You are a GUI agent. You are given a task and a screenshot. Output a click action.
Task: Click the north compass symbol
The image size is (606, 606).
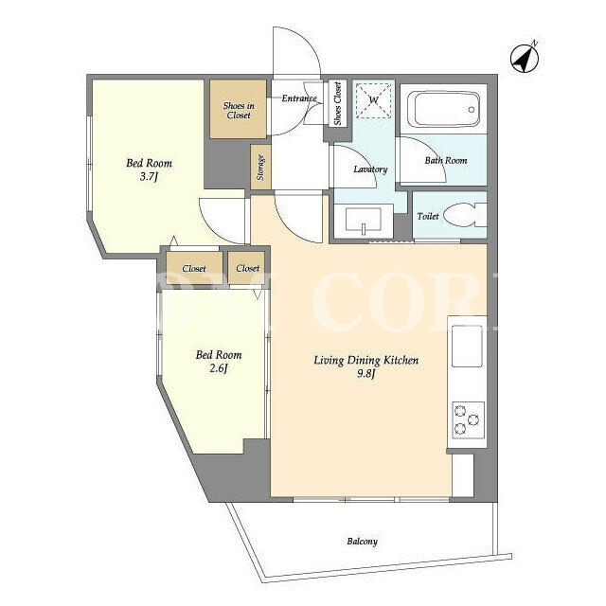(x=524, y=59)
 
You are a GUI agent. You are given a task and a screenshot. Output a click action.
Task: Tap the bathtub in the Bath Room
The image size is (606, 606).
(x=444, y=109)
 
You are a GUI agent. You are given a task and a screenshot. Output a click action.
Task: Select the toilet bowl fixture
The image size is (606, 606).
(x=464, y=216)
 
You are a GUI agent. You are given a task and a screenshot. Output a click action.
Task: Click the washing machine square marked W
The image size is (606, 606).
(x=373, y=100)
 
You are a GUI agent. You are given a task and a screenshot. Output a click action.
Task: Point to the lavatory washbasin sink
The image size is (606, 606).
(x=364, y=221)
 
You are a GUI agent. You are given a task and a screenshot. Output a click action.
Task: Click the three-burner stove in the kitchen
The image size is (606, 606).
(x=468, y=419)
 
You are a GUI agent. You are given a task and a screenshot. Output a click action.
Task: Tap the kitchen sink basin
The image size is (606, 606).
(x=467, y=346)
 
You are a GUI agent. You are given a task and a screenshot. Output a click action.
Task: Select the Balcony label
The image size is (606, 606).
(x=362, y=541)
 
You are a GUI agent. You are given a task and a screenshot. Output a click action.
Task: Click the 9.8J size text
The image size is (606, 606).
(x=366, y=374)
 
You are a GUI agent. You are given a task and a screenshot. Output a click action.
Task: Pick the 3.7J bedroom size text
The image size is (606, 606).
(x=150, y=177)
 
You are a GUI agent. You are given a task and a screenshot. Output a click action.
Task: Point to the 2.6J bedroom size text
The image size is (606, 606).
(x=219, y=368)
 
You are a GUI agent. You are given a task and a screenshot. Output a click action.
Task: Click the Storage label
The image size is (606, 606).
(x=260, y=168)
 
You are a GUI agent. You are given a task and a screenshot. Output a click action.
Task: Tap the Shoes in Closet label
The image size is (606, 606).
(x=239, y=110)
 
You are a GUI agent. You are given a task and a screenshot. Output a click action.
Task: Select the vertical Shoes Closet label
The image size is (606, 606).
(x=337, y=103)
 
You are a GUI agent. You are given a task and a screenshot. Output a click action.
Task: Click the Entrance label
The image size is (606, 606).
(x=299, y=98)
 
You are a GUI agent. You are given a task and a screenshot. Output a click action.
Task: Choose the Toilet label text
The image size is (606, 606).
(x=428, y=216)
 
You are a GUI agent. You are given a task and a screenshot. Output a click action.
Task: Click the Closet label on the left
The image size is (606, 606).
(x=194, y=268)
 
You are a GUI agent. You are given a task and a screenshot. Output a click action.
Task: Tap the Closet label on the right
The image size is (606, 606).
(x=248, y=268)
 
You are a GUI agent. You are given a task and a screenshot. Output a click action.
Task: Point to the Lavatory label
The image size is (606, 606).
(x=370, y=169)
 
